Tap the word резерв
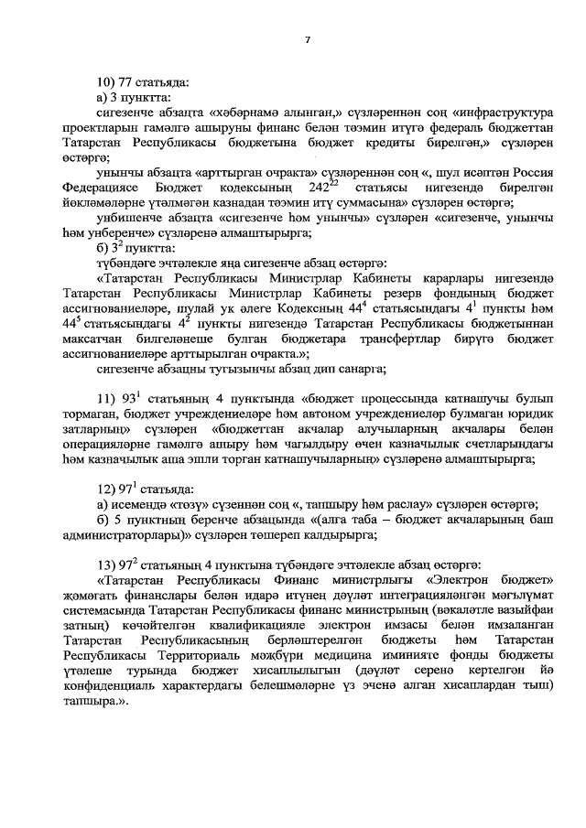point(358,293)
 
